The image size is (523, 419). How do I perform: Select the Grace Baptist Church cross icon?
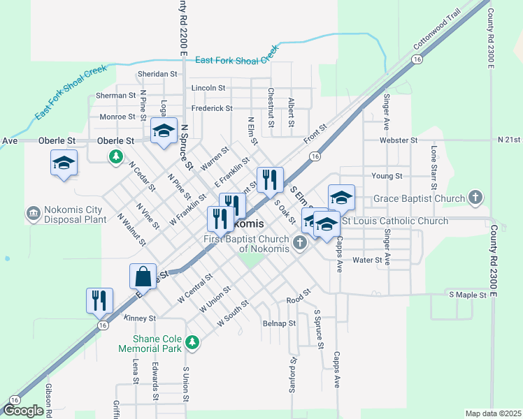(476, 198)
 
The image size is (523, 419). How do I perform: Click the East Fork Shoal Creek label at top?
(236, 60)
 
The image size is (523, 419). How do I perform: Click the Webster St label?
(398, 140)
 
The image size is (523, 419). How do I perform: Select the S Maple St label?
(467, 295)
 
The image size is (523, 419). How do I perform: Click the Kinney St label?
(138, 318)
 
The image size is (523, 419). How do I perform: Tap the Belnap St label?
(279, 323)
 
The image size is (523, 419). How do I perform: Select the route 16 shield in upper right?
(417, 61)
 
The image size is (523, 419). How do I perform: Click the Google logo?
(24, 410)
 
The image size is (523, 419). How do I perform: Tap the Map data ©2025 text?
(493, 413)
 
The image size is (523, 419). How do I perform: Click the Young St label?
(387, 176)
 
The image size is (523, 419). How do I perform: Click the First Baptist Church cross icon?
(300, 243)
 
